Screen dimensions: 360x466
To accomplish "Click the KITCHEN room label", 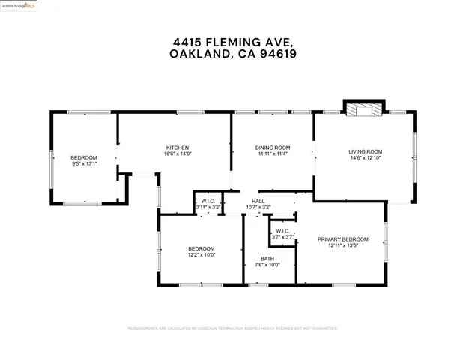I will [x=177, y=147].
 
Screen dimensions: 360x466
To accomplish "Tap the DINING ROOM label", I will [x=273, y=147].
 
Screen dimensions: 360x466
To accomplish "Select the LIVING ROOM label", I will [x=366, y=152].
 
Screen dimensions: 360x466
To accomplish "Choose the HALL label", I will [x=258, y=201].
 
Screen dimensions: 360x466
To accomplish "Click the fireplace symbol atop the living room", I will [x=363, y=109].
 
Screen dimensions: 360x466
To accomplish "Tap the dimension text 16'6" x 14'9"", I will [x=177, y=154].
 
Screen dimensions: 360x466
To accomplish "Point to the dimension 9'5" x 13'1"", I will [x=84, y=163].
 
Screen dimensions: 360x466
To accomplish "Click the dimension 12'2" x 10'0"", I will [x=202, y=254].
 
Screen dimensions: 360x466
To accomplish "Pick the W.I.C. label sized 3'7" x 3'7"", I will [x=282, y=231].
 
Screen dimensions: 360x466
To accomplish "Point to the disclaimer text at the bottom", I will [x=232, y=328].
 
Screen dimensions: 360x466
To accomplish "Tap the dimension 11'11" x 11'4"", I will [x=273, y=154].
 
